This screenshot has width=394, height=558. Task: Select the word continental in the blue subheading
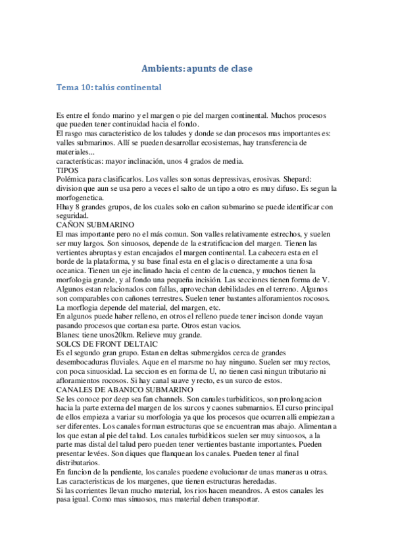(139, 87)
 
